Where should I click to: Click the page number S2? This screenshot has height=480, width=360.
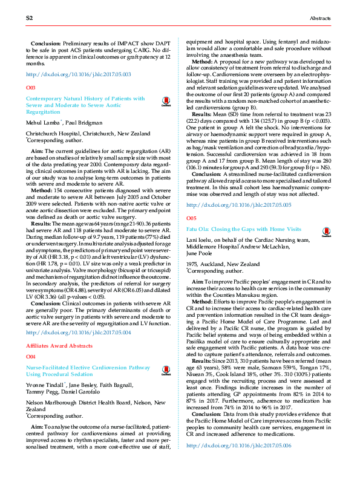28,19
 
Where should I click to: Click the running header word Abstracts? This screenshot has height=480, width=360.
321,19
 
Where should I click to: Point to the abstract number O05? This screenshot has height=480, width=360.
191,200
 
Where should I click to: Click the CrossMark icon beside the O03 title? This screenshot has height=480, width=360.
166,103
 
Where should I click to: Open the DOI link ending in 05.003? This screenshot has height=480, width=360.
79,74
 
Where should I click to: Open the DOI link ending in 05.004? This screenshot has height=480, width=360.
79,332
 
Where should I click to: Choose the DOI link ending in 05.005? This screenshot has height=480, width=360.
239,188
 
